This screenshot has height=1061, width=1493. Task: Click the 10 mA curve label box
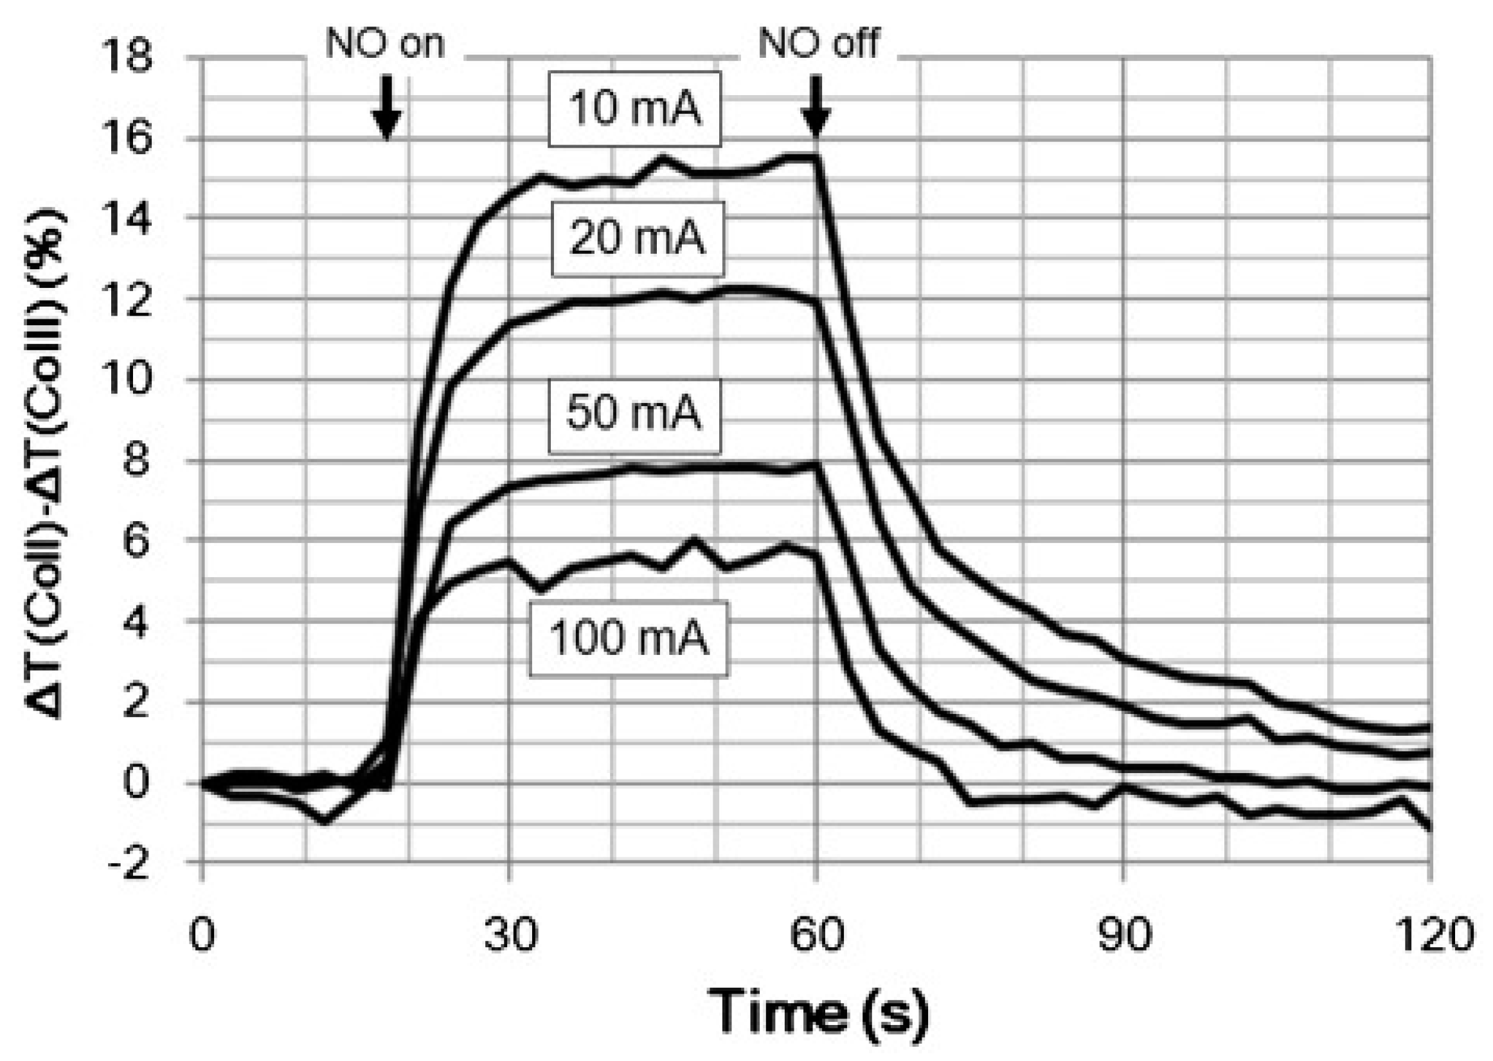pyautogui.click(x=634, y=109)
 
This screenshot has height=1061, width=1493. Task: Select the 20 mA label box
pyautogui.click(x=637, y=238)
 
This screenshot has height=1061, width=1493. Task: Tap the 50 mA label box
pyautogui.click(x=634, y=415)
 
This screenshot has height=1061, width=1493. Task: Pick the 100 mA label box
pyautogui.click(x=628, y=638)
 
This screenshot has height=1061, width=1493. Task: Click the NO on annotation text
pyautogui.click(x=385, y=44)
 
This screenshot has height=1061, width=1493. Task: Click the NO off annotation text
pyautogui.click(x=818, y=44)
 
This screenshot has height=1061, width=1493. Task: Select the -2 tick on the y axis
pyautogui.click(x=128, y=866)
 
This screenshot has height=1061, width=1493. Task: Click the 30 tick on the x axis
pyautogui.click(x=510, y=935)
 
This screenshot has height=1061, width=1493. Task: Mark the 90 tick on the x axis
pyautogui.click(x=1123, y=935)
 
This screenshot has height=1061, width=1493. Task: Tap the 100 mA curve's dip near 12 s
pyautogui.click(x=325, y=821)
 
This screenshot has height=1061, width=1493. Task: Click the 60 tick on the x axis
pyautogui.click(x=817, y=935)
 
